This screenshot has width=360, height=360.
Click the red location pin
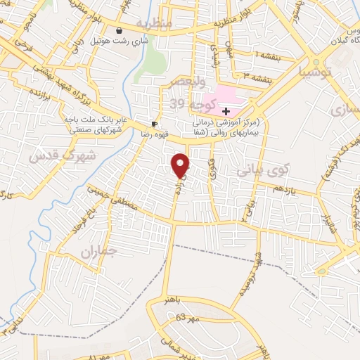(181, 166)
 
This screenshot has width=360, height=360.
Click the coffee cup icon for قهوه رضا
(155, 124)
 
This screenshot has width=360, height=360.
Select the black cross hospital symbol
(225, 111)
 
